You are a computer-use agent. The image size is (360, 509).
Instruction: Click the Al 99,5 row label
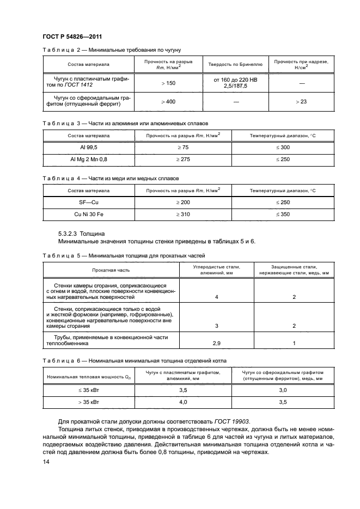click(89, 148)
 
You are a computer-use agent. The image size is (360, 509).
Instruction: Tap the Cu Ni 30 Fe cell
click(89, 214)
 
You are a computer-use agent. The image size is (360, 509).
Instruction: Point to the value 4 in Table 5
click(216, 297)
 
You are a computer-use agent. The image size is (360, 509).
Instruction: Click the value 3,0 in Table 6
click(283, 390)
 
